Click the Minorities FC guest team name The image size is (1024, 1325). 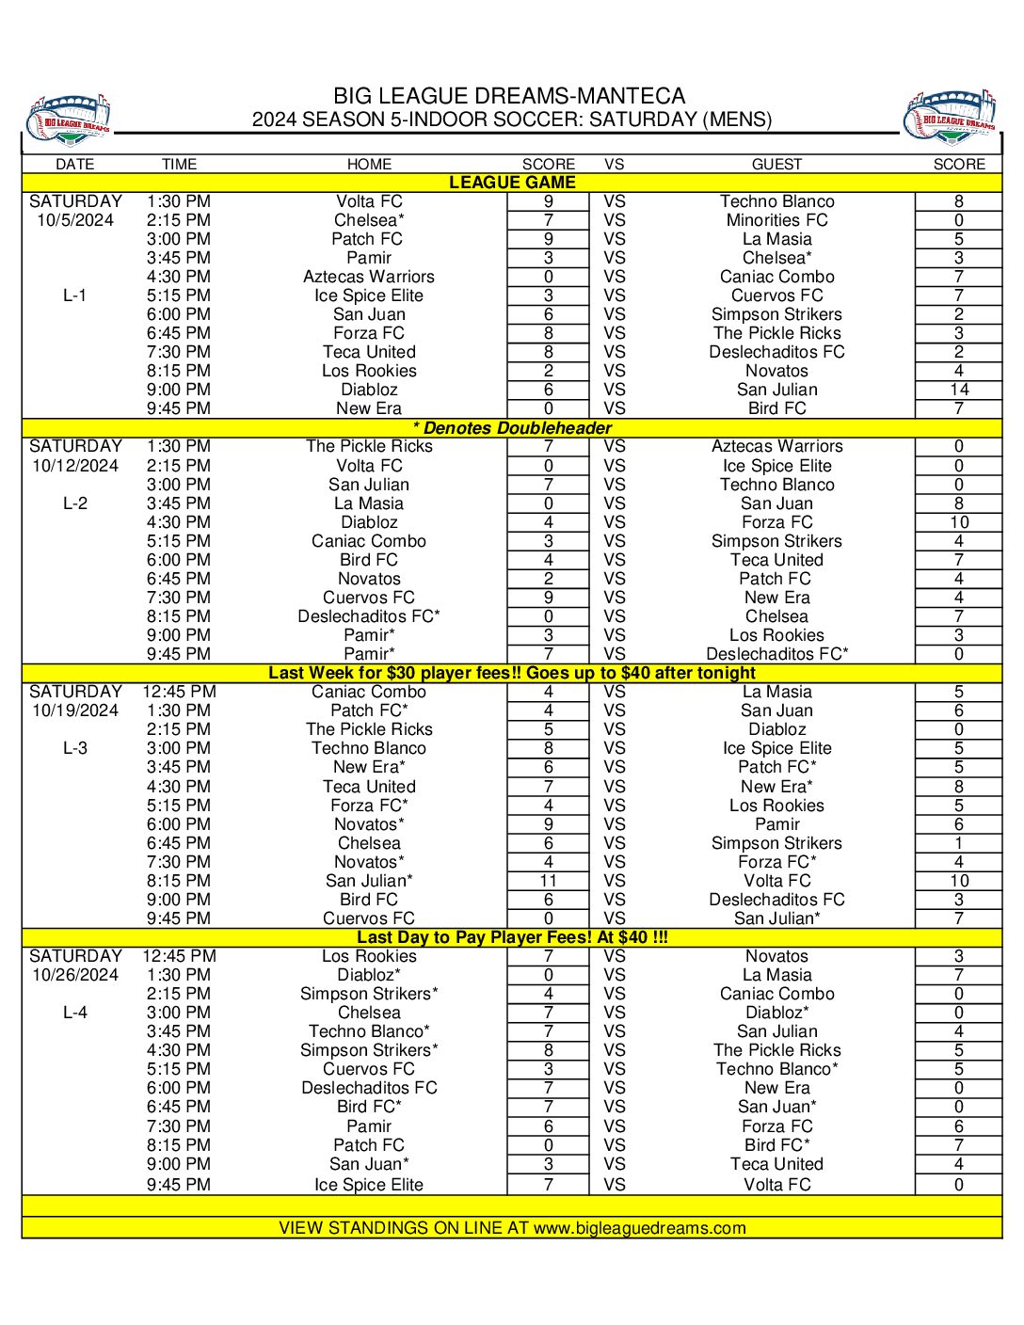pos(776,220)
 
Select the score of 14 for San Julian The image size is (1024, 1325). pos(958,390)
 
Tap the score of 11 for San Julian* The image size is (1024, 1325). pos(548,881)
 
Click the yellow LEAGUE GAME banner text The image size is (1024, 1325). pos(512,183)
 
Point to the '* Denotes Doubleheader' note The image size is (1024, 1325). pos(512,428)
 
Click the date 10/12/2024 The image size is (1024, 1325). pos(75,466)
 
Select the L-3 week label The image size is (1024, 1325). pos(75,748)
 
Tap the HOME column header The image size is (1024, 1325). pos(369,164)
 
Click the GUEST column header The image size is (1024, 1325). pos(776,164)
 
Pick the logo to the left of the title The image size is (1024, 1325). pos(69,119)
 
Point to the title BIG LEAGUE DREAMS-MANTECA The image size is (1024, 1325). pos(509,96)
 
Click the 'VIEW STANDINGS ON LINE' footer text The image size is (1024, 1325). pos(512,1228)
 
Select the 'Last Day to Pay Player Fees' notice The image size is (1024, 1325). pos(512,937)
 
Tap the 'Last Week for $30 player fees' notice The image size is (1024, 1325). pos(512,673)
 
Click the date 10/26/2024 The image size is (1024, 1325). pos(75,975)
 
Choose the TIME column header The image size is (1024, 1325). pos(179,164)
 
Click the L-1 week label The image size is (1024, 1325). pos(75,295)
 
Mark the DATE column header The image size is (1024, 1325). pos(75,164)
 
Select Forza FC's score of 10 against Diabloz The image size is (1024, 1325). pos(958,522)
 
